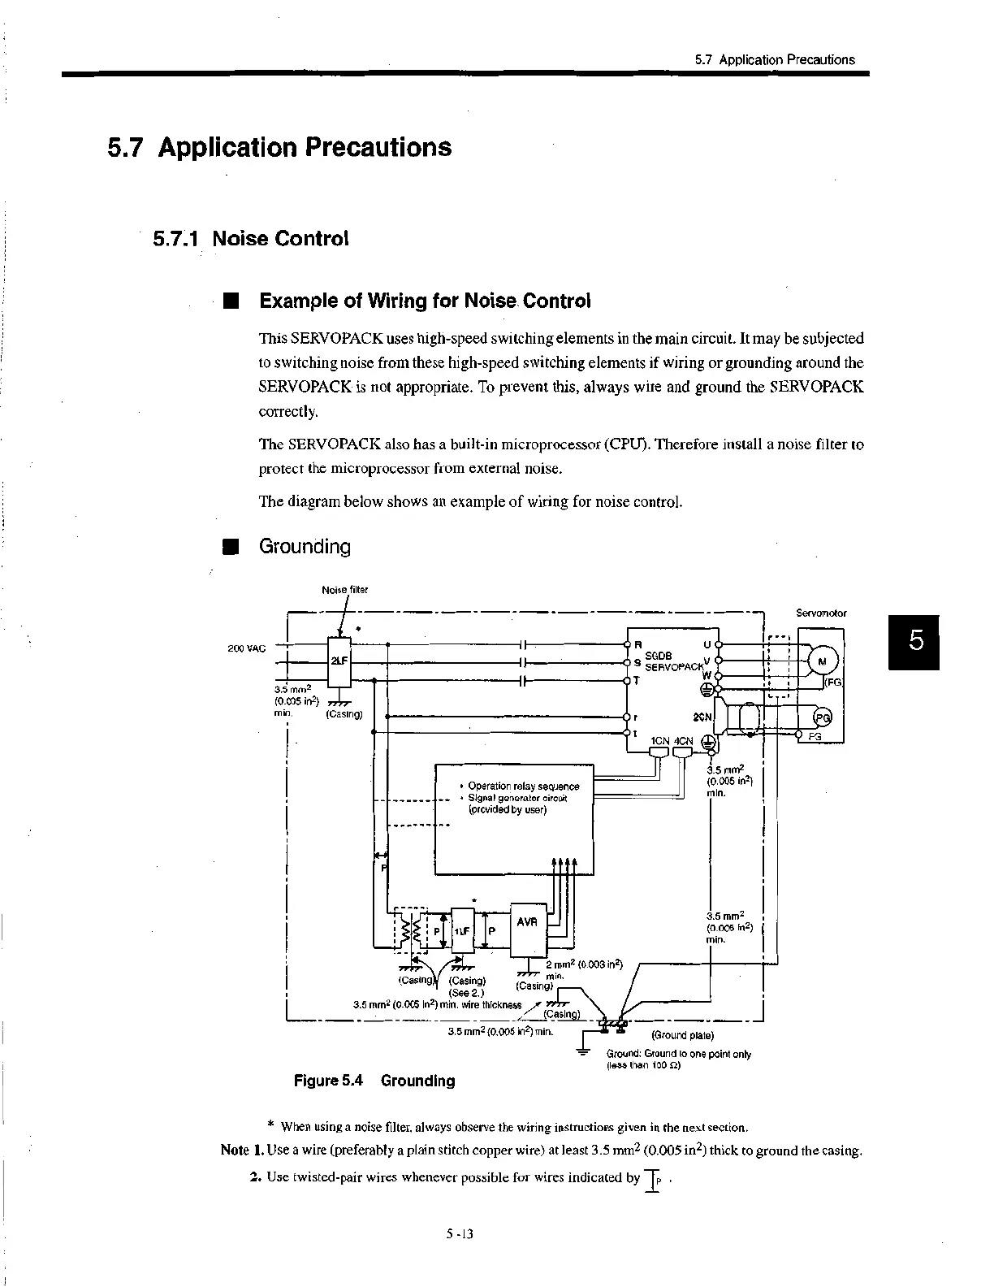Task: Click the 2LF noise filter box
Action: click(338, 660)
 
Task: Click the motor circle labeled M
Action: click(822, 661)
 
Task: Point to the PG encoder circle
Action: click(822, 717)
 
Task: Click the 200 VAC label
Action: click(245, 648)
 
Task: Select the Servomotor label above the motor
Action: click(821, 613)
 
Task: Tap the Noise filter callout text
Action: click(344, 590)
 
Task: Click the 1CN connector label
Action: click(659, 741)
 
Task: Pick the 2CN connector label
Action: click(701, 717)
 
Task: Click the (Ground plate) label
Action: click(682, 1035)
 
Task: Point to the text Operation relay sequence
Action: click(524, 786)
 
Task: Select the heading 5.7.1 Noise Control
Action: click(251, 239)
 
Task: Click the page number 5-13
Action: click(459, 1233)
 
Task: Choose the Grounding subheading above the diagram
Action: click(305, 547)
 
